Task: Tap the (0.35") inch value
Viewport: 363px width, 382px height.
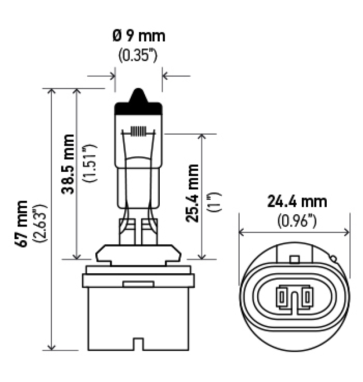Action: (138, 55)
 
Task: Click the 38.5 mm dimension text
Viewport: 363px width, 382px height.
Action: (68, 164)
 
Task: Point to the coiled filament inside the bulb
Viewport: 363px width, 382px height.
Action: (138, 131)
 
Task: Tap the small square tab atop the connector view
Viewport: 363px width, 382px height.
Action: (294, 260)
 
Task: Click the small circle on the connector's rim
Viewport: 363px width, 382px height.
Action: (334, 258)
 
